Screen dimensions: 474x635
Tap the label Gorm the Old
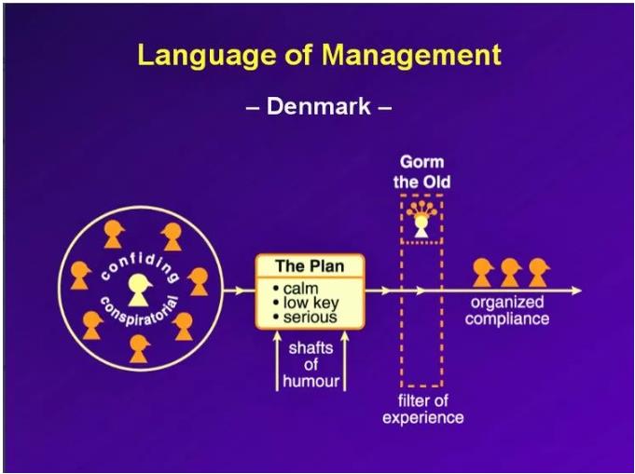(421, 171)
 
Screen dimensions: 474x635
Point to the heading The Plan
(310, 266)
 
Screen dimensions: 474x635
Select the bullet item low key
(311, 303)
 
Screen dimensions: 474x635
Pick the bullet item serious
(310, 317)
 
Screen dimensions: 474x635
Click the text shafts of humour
(311, 364)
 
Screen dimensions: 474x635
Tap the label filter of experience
(422, 409)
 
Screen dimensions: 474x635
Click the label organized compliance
(507, 311)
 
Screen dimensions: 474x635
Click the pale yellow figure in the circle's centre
(140, 291)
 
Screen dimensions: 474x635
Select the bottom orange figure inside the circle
(140, 347)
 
